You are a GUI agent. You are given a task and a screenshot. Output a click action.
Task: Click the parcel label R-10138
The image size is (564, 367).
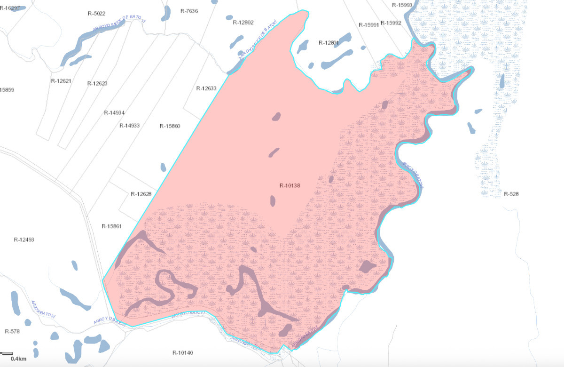[290, 185]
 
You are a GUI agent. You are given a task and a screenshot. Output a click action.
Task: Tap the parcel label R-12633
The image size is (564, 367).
[206, 88]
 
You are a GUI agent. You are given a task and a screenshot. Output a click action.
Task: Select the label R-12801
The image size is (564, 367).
[329, 43]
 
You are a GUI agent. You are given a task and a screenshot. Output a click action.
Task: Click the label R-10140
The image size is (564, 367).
[183, 353]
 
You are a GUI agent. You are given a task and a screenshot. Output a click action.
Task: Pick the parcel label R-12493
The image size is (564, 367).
[24, 239]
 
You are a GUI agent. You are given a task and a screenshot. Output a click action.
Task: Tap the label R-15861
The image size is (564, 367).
[111, 226]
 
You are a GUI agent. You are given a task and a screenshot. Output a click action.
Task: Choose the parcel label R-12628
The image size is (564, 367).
[141, 194]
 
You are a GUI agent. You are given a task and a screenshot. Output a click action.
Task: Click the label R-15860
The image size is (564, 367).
[170, 126]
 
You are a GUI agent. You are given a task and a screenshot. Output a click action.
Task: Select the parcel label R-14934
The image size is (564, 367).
[114, 112]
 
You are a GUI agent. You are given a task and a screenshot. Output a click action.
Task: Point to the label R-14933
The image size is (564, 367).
[130, 126]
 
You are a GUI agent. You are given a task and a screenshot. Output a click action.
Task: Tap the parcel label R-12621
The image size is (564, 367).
[61, 80]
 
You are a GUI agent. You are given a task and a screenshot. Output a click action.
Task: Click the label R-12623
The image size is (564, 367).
[97, 83]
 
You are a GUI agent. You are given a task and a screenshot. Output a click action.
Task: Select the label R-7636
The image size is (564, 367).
[189, 11]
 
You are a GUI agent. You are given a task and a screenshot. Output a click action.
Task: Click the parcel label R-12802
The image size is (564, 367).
[243, 23]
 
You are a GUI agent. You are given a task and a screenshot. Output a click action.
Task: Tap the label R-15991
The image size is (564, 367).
[368, 24]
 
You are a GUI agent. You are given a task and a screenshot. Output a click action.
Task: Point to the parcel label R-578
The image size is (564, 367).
[12, 331]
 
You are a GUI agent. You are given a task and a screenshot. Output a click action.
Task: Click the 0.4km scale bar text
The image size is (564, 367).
[18, 359]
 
